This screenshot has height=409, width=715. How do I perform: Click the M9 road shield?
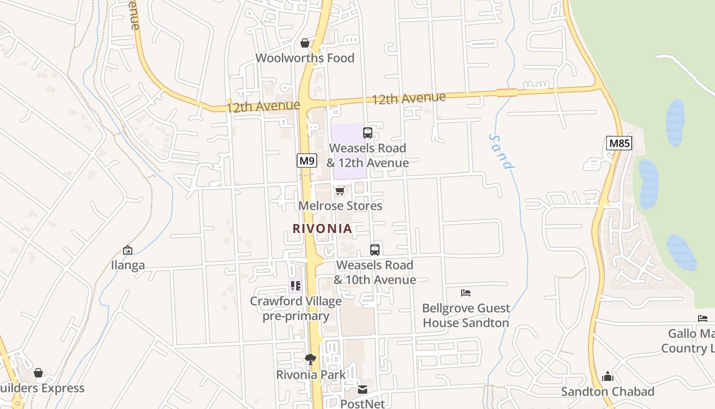coord(307,161)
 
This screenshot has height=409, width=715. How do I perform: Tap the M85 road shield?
coord(619,143)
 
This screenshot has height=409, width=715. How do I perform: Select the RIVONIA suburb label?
coord(322,229)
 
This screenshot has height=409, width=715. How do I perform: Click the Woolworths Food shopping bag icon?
coord(305,43)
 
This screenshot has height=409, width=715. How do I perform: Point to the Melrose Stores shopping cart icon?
coord(340,191)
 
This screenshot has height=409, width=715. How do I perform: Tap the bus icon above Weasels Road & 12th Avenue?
coord(368,133)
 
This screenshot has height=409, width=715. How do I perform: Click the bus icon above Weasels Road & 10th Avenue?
coord(375,250)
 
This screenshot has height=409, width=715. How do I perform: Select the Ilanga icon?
coord(128,250)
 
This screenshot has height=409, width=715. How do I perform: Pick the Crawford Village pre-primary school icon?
coord(295,285)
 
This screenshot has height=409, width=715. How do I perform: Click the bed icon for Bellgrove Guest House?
coord(466,293)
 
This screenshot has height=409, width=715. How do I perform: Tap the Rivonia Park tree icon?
coord(311,359)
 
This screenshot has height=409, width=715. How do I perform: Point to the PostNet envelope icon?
coord(362,390)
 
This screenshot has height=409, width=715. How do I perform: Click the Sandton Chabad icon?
coord(607,376)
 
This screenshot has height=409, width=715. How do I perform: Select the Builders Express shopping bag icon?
coord(38,373)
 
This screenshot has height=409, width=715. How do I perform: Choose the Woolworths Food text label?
coord(305,58)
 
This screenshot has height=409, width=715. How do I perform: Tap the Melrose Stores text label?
coord(340,206)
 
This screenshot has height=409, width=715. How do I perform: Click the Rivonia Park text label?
coord(311,375)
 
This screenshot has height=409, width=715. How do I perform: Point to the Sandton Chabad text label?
coord(607,392)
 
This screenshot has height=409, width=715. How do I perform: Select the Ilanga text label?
coord(128,265)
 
